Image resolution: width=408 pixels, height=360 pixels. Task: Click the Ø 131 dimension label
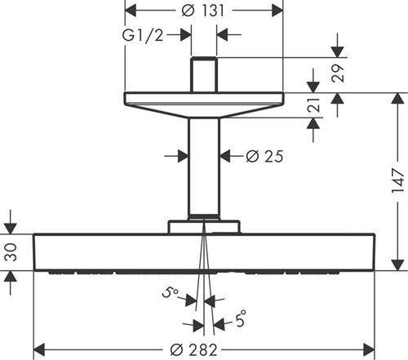coord(202,11)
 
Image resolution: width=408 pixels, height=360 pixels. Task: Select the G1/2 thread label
coord(143,35)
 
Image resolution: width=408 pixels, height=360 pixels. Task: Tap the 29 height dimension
coord(338,73)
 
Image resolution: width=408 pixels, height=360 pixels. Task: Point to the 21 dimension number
coord(313,104)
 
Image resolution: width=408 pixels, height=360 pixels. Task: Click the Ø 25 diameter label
coord(264,156)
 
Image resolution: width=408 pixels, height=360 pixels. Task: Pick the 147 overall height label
coord(398,181)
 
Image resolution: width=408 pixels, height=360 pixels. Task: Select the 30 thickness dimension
coord(11,252)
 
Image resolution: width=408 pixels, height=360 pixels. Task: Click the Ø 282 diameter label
coord(194,350)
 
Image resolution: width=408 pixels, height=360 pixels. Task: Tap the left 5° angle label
coord(171,292)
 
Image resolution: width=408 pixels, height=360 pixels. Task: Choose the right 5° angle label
coord(241,318)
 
